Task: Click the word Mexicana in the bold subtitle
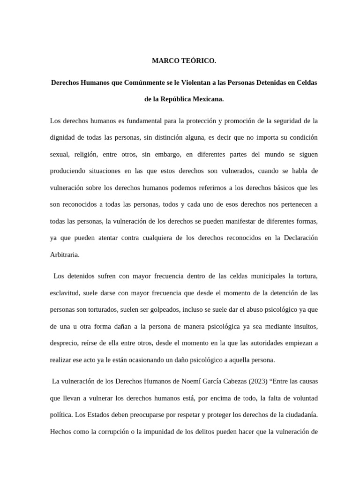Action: (207, 99)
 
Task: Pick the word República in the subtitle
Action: (174, 99)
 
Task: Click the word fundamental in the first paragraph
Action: (143, 121)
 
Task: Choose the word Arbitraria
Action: (65, 255)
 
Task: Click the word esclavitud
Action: (66, 293)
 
